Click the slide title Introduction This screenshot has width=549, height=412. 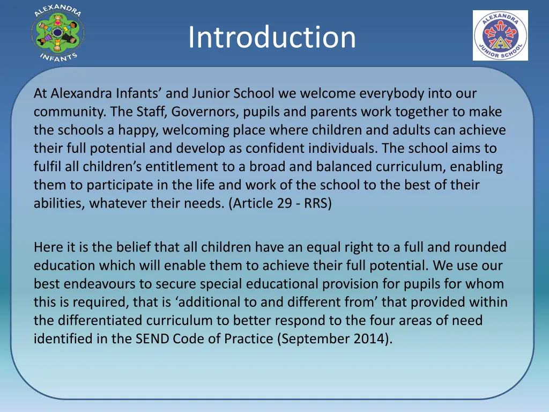click(x=272, y=37)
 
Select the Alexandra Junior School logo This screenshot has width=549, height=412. click(x=500, y=35)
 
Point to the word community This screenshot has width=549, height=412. click(x=69, y=112)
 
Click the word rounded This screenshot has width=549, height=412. click(x=480, y=247)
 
